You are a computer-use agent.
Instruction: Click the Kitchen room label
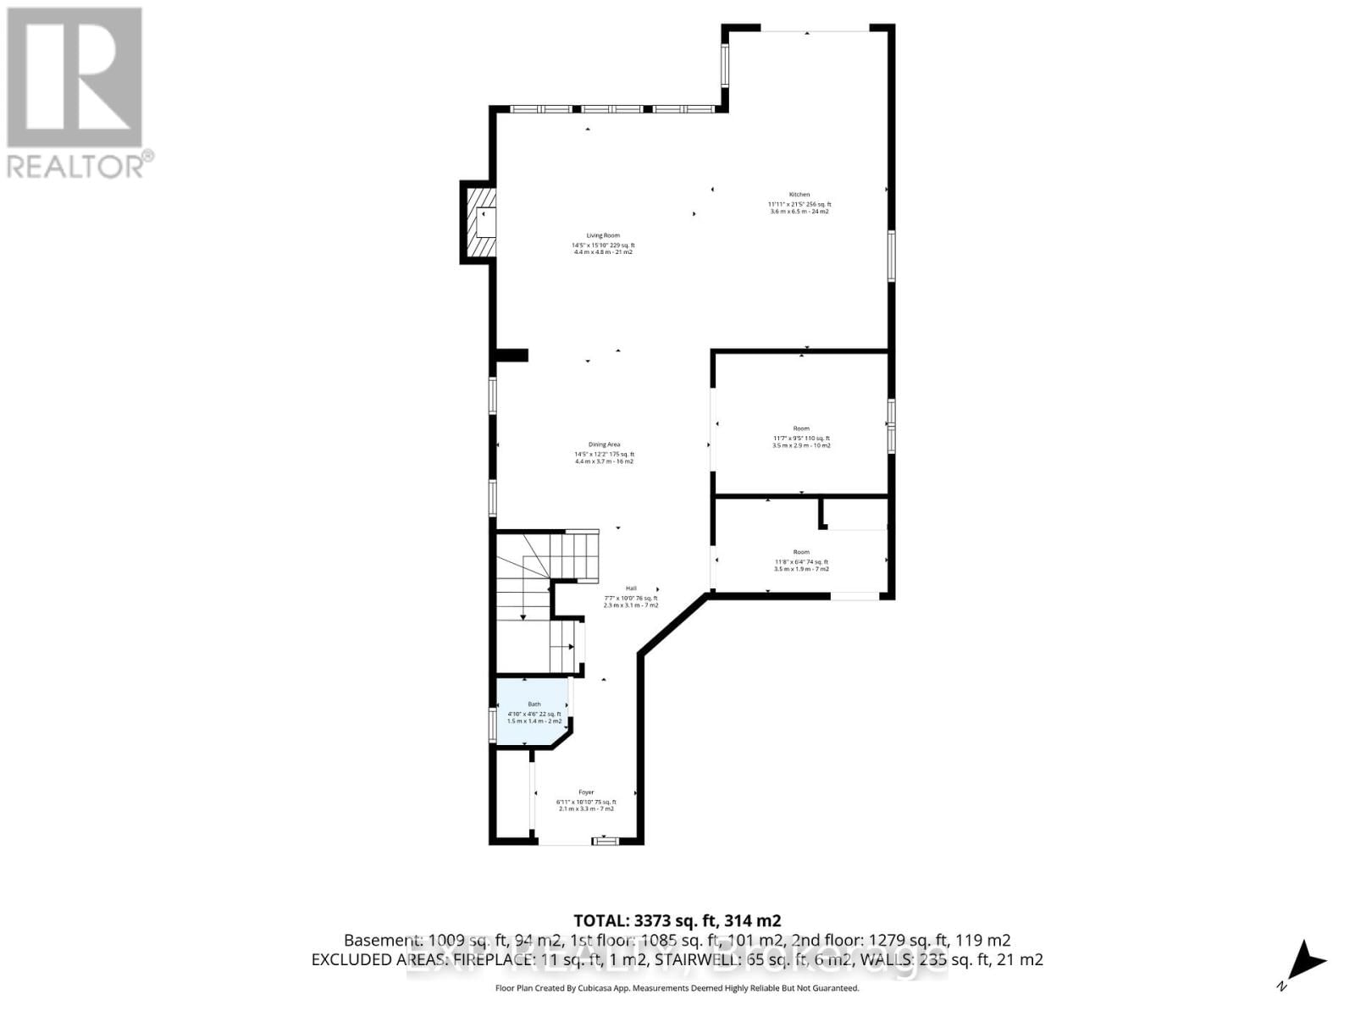(799, 195)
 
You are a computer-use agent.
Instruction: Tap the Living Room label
(604, 235)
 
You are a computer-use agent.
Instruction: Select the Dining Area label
(605, 444)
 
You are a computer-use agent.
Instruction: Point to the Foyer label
(586, 792)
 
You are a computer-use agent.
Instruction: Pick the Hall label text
(631, 588)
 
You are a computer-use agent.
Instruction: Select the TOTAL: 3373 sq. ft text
(677, 920)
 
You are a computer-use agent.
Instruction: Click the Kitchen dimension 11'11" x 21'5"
(787, 204)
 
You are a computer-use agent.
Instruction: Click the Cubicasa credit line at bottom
(677, 988)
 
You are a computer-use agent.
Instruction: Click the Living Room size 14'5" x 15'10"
(591, 245)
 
